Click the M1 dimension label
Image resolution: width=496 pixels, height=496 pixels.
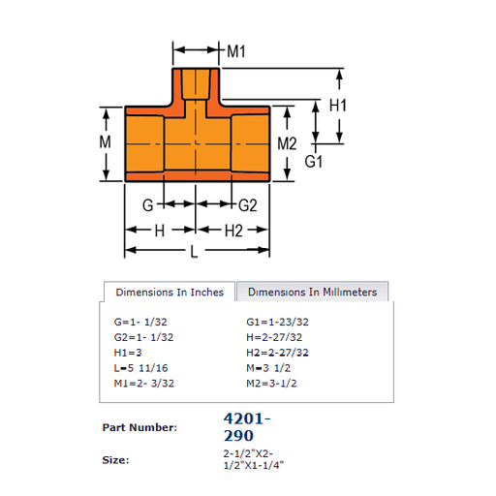click(x=236, y=51)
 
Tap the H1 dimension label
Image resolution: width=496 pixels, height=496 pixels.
click(x=338, y=106)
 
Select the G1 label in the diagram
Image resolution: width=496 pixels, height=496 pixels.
click(x=314, y=161)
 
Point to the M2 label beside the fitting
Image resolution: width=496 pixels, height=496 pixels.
click(x=287, y=143)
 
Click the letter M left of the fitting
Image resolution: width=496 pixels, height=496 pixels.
click(x=105, y=141)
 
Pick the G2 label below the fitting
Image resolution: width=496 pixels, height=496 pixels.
click(x=248, y=205)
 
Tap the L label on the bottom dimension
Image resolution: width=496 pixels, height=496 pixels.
click(x=194, y=251)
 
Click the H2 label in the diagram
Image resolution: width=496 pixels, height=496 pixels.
click(x=233, y=231)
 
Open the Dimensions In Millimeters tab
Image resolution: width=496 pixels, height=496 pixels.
click(x=312, y=292)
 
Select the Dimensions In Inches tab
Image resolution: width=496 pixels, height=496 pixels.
click(x=170, y=292)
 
